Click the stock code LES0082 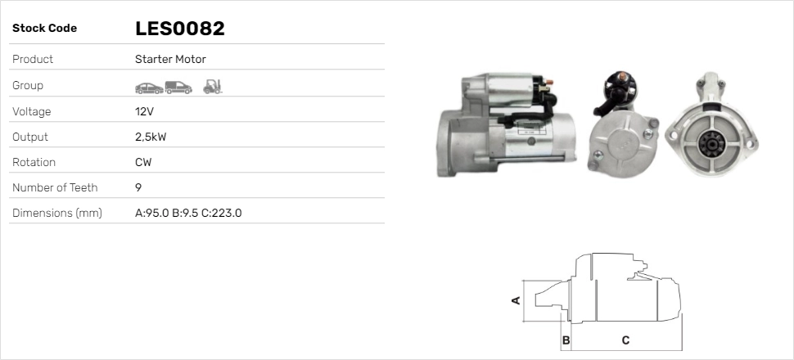pos(179,29)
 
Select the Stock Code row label pos(44,29)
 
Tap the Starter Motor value pos(170,59)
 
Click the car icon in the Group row pos(148,86)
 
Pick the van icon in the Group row pos(178,86)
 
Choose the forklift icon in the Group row pos(212,85)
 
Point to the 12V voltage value pos(145,111)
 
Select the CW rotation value pos(143,162)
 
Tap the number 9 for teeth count pos(138,187)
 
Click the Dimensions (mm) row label pos(56,213)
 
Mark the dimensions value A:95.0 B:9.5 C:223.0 pos(187,213)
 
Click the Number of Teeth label pos(55,187)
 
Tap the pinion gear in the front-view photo pos(708,146)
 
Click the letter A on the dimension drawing pos(516,300)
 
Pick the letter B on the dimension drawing pos(566,340)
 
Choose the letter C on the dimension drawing pos(625,340)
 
